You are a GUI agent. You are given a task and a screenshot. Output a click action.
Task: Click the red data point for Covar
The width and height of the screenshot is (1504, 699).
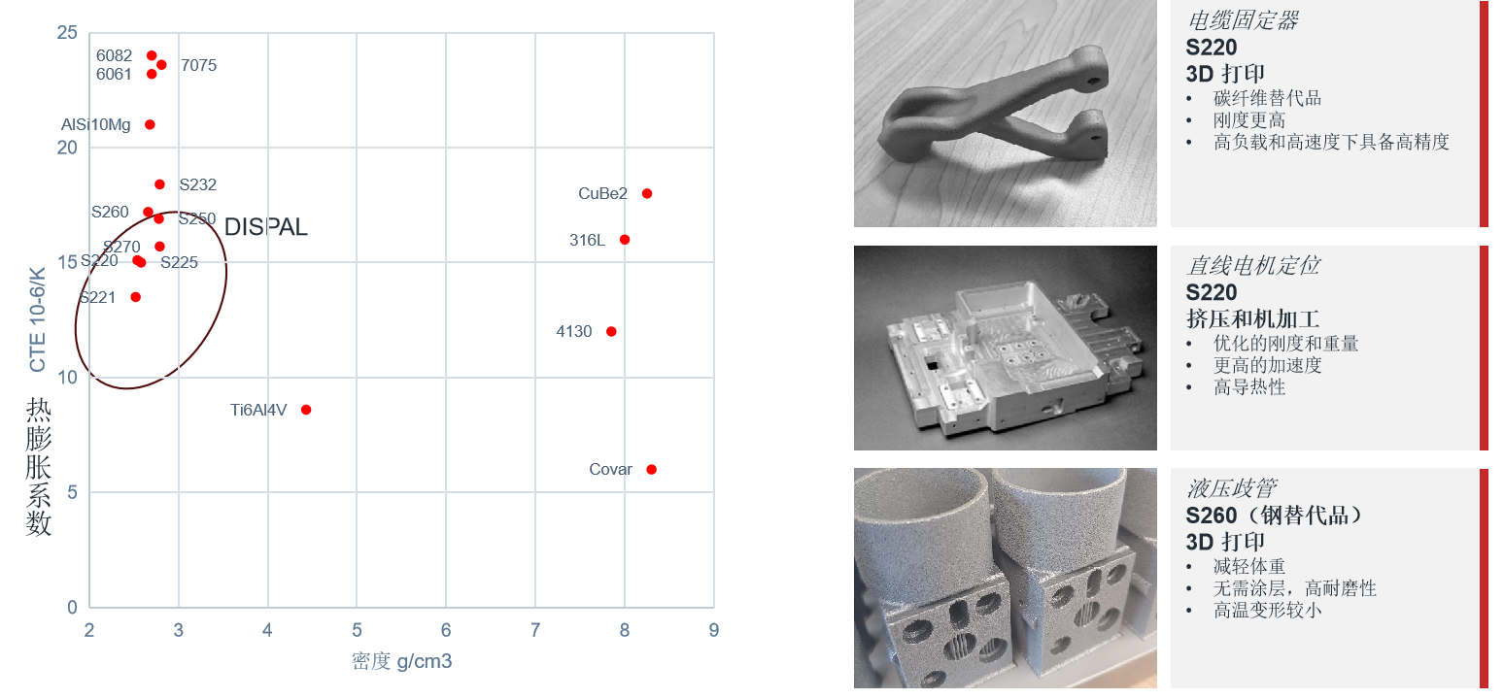click(x=651, y=470)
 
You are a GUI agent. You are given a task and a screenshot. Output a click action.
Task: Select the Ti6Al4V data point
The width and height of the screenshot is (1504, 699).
click(x=306, y=410)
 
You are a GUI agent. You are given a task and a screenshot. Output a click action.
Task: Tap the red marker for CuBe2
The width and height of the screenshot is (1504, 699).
click(x=647, y=194)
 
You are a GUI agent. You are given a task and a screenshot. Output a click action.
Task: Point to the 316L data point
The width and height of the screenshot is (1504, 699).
click(x=625, y=240)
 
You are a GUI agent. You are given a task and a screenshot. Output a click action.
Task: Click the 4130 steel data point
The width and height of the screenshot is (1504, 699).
click(x=611, y=332)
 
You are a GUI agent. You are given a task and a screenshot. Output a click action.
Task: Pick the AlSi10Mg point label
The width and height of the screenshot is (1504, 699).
click(x=95, y=125)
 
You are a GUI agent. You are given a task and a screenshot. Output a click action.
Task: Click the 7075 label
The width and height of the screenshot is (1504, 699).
click(x=198, y=66)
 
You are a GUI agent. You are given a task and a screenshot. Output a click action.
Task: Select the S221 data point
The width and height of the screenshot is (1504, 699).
click(x=136, y=297)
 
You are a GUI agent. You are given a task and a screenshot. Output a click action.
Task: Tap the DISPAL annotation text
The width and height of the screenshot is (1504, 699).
click(x=265, y=228)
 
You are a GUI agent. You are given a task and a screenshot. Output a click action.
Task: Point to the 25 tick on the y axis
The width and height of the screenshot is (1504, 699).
click(x=67, y=33)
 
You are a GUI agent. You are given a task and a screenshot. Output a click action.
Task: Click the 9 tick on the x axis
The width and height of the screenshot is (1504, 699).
click(x=714, y=630)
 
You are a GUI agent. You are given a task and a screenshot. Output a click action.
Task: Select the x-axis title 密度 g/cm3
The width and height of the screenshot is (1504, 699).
click(x=401, y=662)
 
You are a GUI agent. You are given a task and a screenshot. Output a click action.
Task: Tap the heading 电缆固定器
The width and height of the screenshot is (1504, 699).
click(x=1242, y=21)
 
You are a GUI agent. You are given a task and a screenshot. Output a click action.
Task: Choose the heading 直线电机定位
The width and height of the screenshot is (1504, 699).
click(x=1252, y=266)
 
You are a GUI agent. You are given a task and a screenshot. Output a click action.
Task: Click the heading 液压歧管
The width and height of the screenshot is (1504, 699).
click(x=1229, y=488)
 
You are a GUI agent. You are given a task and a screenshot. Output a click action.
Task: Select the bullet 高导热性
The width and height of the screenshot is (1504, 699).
click(x=1249, y=387)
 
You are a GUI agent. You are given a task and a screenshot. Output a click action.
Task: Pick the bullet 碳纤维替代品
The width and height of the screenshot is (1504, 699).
click(x=1267, y=99)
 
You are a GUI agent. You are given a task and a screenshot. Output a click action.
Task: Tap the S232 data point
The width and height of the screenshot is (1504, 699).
click(x=159, y=184)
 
